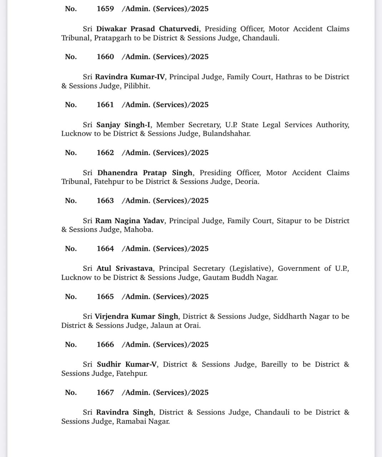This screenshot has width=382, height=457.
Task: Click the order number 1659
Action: tap(105, 9)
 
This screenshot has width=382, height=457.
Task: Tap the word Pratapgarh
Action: tap(112, 38)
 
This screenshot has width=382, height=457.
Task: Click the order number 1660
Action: tap(105, 57)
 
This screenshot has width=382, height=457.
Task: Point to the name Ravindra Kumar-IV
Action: tap(130, 77)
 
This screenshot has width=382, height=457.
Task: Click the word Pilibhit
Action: tap(137, 86)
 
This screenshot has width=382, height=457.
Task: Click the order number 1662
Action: tap(105, 153)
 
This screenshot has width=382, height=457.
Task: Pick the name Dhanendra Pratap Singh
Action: tap(145, 173)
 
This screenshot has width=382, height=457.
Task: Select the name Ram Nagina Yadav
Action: tap(130, 221)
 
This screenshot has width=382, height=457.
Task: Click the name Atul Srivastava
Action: tap(125, 268)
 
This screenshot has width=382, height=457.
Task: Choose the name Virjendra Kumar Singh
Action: tap(136, 316)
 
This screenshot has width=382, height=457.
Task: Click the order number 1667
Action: tap(105, 393)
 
